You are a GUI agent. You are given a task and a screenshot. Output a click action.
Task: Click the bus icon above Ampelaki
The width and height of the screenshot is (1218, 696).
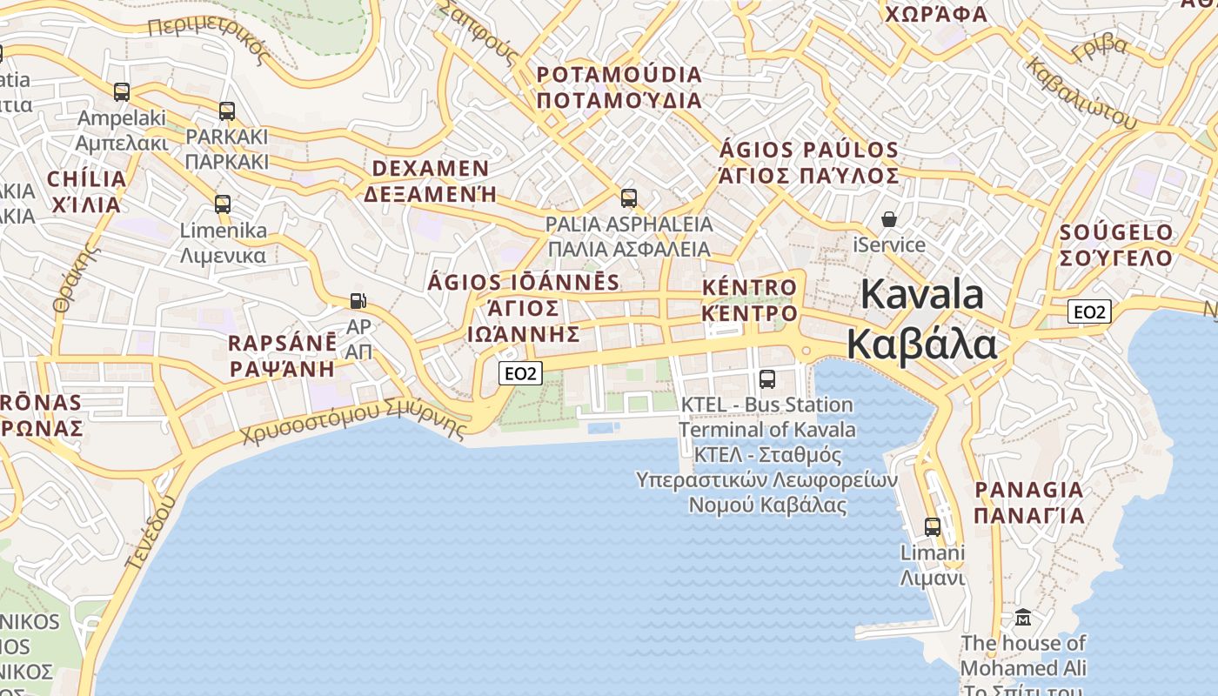pyautogui.click(x=122, y=91)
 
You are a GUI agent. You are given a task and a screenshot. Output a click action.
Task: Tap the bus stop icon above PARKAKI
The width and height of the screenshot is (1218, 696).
pyautogui.click(x=227, y=110)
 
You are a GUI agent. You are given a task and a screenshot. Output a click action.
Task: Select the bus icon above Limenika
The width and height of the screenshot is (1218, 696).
pyautogui.click(x=223, y=204)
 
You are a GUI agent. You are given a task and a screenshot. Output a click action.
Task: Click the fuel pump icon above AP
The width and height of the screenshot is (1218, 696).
pyautogui.click(x=358, y=300)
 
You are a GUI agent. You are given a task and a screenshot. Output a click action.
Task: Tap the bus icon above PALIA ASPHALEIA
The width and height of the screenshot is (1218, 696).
pyautogui.click(x=629, y=197)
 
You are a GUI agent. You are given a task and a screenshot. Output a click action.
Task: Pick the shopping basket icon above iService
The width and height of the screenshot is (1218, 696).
pyautogui.click(x=889, y=218)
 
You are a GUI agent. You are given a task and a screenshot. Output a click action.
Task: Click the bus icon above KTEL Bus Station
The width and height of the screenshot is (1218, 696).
pyautogui.click(x=766, y=378)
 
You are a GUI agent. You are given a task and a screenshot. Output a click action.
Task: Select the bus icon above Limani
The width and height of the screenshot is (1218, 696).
pyautogui.click(x=933, y=526)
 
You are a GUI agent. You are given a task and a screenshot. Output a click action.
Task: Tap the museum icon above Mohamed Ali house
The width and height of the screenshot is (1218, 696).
pyautogui.click(x=1023, y=618)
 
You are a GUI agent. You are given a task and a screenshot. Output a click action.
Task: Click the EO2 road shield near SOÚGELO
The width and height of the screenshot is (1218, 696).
pyautogui.click(x=1089, y=311)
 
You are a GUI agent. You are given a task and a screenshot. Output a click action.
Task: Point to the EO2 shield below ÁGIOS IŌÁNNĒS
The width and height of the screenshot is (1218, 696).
pyautogui.click(x=520, y=373)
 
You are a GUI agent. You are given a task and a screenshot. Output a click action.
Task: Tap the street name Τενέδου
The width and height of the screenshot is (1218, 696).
pyautogui.click(x=151, y=532)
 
